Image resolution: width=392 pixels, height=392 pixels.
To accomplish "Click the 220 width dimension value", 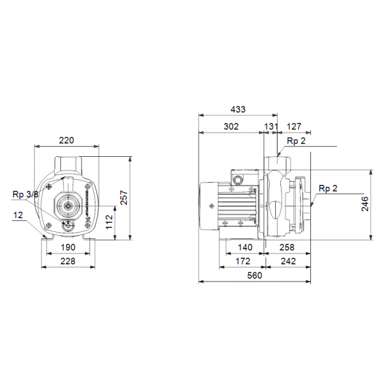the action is click(67, 140).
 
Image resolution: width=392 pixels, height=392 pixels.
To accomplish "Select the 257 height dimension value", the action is click(124, 197).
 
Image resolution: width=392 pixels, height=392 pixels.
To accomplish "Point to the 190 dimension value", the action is click(68, 248).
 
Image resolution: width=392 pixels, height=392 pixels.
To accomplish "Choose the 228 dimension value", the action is click(68, 261).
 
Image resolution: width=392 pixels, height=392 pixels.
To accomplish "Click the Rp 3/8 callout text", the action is click(25, 194).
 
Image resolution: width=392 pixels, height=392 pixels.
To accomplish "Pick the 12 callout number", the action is click(18, 215).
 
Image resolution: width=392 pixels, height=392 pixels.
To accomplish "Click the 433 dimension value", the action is click(238, 109).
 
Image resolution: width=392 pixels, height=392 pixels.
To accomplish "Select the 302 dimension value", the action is click(231, 127).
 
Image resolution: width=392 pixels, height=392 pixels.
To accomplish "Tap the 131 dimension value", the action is click(271, 127).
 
